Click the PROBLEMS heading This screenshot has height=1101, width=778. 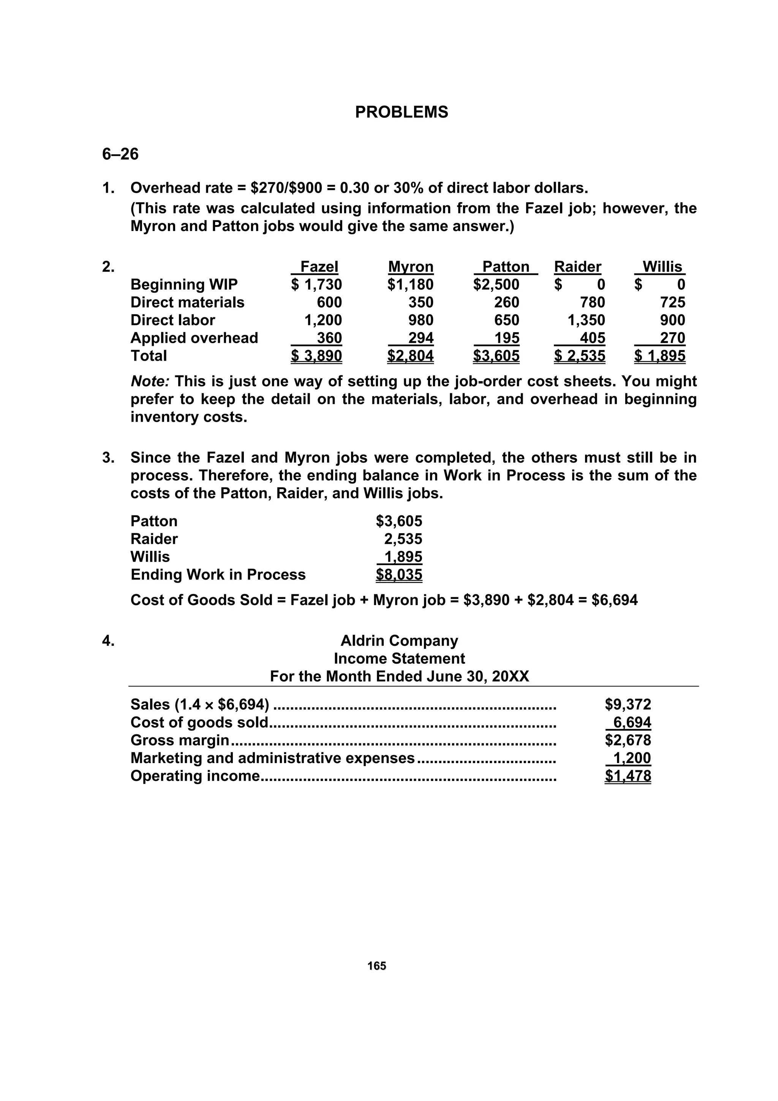[401, 112]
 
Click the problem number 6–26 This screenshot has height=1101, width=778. [120, 154]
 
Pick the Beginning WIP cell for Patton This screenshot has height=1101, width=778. [496, 284]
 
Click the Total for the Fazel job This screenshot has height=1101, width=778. [316, 356]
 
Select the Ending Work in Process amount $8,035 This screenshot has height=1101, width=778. [399, 575]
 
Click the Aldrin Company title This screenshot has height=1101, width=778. [399, 641]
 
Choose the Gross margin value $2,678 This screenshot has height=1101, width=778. [628, 740]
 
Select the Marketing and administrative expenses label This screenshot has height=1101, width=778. [272, 758]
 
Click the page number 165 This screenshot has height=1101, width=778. [377, 966]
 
